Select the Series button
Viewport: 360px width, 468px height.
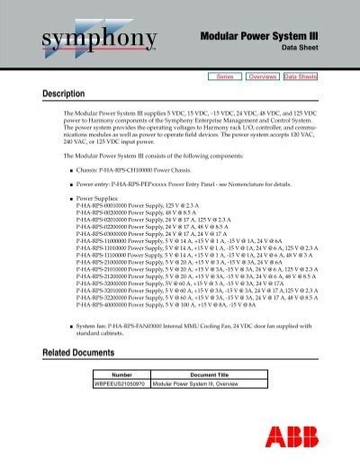pos(225,77)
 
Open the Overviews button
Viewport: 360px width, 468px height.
pos(261,77)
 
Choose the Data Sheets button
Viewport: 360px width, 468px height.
pos(301,77)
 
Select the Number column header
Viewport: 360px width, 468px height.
pos(121,373)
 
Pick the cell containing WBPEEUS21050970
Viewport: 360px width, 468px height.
pos(121,383)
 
